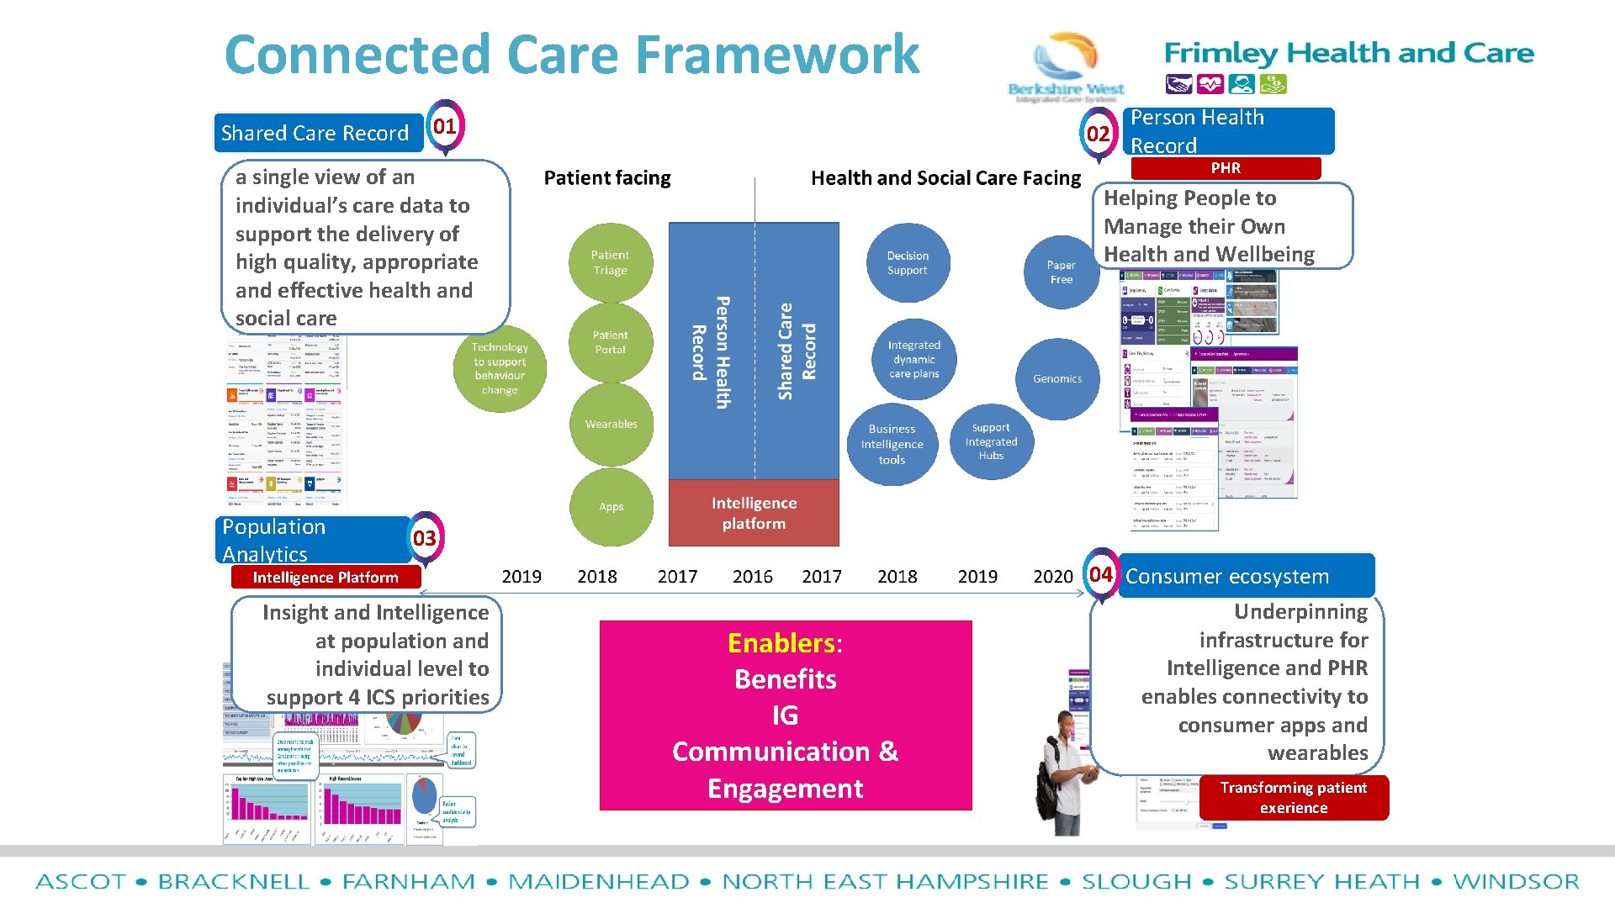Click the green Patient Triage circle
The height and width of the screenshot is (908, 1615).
(x=610, y=262)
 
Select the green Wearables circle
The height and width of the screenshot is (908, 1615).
(x=611, y=424)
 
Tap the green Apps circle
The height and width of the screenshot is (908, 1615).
(x=611, y=506)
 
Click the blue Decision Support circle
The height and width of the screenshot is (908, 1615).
(x=907, y=263)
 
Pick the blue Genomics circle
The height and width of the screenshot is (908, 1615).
(x=1057, y=378)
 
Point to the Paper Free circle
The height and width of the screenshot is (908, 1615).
(x=1061, y=272)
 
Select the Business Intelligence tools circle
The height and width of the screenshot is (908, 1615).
(x=892, y=444)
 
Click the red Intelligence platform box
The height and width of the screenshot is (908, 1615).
(x=754, y=513)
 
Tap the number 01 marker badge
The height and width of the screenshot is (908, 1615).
(x=444, y=127)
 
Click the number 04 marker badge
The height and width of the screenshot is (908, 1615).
(x=1100, y=574)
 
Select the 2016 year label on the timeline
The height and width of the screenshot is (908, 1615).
(x=752, y=577)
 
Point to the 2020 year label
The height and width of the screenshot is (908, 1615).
(x=1052, y=577)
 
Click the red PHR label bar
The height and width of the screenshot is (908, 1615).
(x=1226, y=168)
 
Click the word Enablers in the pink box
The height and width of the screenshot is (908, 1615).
(x=781, y=643)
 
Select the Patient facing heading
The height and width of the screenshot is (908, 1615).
(x=607, y=178)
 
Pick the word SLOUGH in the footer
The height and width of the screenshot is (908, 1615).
(x=1136, y=882)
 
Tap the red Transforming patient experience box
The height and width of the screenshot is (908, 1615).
(x=1293, y=797)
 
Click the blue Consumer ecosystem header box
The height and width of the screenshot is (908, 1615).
(x=1245, y=576)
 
